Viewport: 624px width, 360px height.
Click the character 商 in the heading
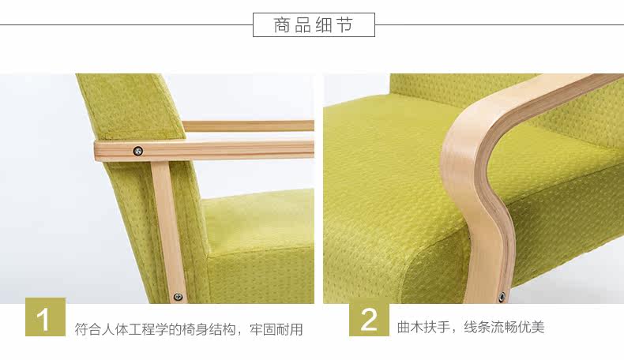coord(283,25)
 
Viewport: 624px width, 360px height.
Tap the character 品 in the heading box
coord(303,25)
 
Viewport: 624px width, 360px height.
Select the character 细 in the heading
coord(324,25)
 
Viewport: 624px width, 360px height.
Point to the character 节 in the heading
coord(344,25)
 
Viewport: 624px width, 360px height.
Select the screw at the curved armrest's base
coord(501,297)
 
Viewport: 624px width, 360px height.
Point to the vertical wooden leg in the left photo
coord(168,229)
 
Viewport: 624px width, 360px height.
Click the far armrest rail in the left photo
coord(249,126)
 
